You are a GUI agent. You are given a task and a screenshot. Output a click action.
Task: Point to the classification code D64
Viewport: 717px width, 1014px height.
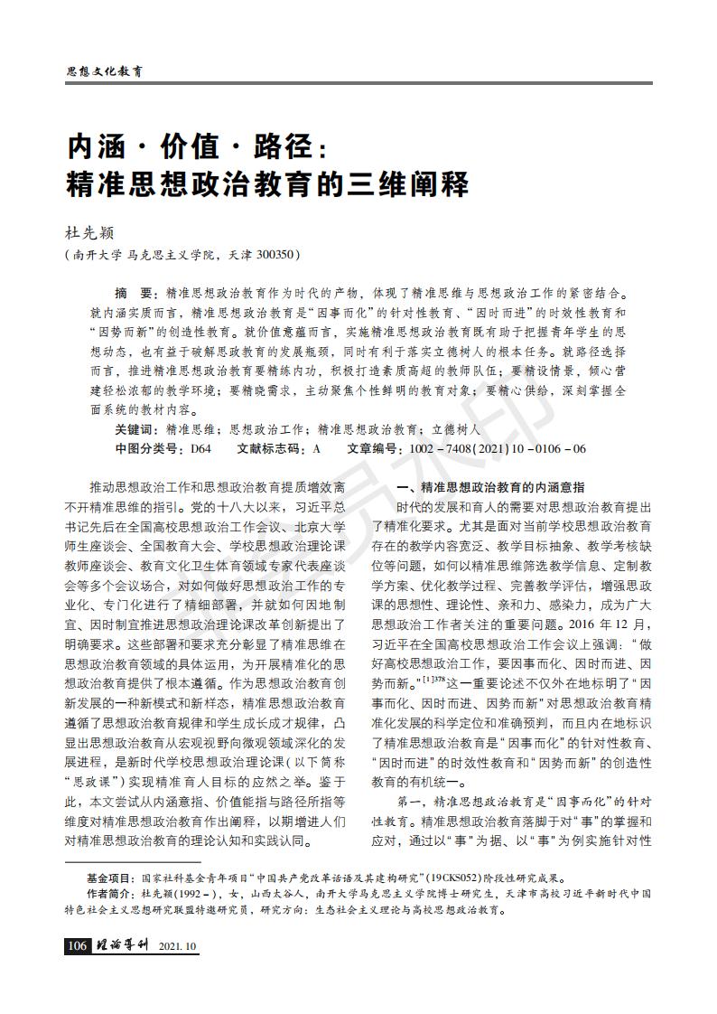coord(200,448)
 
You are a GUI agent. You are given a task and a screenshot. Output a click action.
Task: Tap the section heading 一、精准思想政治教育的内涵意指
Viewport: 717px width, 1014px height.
coord(491,486)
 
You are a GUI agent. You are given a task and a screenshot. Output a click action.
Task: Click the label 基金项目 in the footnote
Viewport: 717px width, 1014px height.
coord(109,878)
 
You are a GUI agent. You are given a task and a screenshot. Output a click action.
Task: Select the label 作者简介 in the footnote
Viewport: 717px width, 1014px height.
coord(109,893)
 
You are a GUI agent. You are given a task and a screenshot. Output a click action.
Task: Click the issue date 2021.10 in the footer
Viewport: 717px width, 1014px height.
coord(177,946)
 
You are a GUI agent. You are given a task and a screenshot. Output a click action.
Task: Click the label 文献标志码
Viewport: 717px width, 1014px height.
coord(272,448)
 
